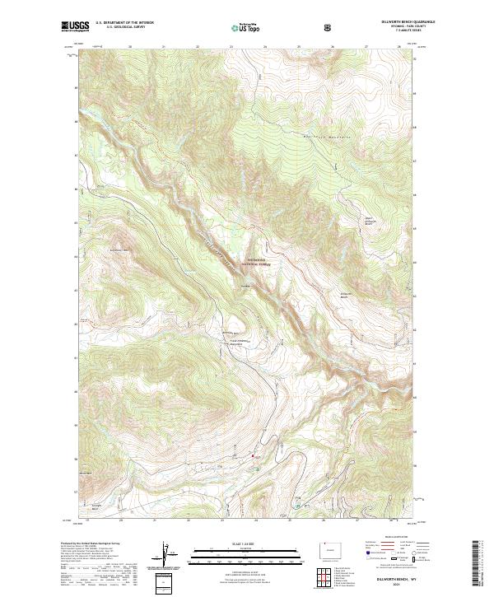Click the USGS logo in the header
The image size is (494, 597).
(x=76, y=27)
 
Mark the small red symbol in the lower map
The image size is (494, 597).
(x=253, y=453)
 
